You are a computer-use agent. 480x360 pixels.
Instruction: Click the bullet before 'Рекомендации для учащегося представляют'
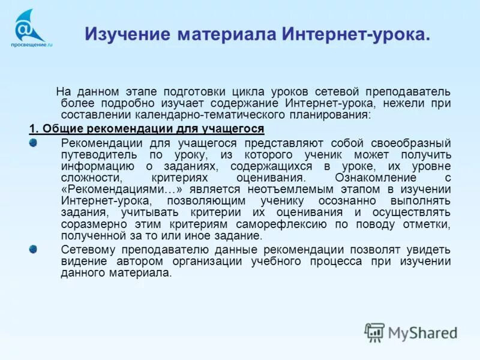(x=33, y=142)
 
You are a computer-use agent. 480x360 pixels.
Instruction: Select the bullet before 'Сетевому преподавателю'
(x=33, y=248)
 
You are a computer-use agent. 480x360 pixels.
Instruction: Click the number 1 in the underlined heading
(x=32, y=129)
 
